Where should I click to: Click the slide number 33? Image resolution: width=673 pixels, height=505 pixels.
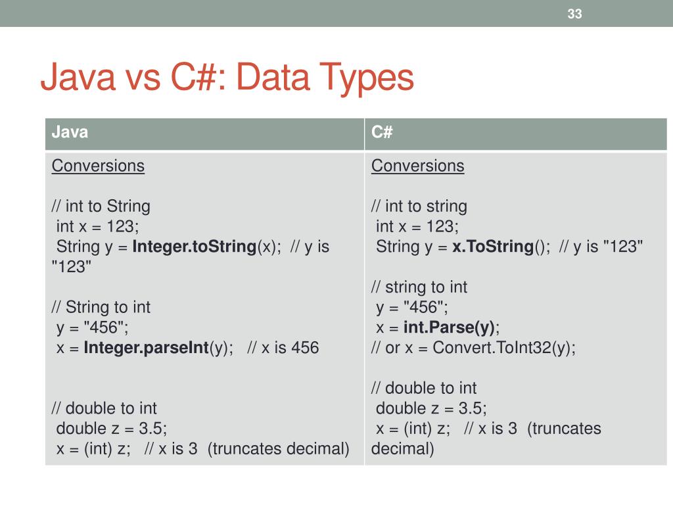click(574, 14)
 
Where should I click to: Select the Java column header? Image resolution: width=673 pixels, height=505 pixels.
click(70, 132)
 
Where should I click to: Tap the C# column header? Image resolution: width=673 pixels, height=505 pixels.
click(382, 132)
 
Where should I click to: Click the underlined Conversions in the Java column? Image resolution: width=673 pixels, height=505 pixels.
click(98, 166)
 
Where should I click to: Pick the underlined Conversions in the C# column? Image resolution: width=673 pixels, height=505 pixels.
click(417, 166)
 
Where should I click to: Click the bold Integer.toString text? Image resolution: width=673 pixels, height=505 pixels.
click(194, 247)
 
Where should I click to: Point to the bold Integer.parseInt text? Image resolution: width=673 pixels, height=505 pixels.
click(147, 348)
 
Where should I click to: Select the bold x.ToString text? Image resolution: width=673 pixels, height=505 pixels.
click(492, 247)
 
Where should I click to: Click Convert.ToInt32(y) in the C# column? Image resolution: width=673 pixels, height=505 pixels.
click(504, 348)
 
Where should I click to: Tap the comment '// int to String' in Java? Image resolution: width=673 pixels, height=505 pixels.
click(101, 206)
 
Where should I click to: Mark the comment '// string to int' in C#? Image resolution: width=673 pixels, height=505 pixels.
click(419, 287)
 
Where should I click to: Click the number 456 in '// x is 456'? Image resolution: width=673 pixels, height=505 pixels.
click(304, 348)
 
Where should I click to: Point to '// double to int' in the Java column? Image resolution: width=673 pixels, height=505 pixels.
click(104, 408)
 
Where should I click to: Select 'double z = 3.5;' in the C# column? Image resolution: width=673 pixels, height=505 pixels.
click(431, 408)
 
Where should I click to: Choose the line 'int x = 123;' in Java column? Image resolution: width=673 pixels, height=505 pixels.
click(98, 227)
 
